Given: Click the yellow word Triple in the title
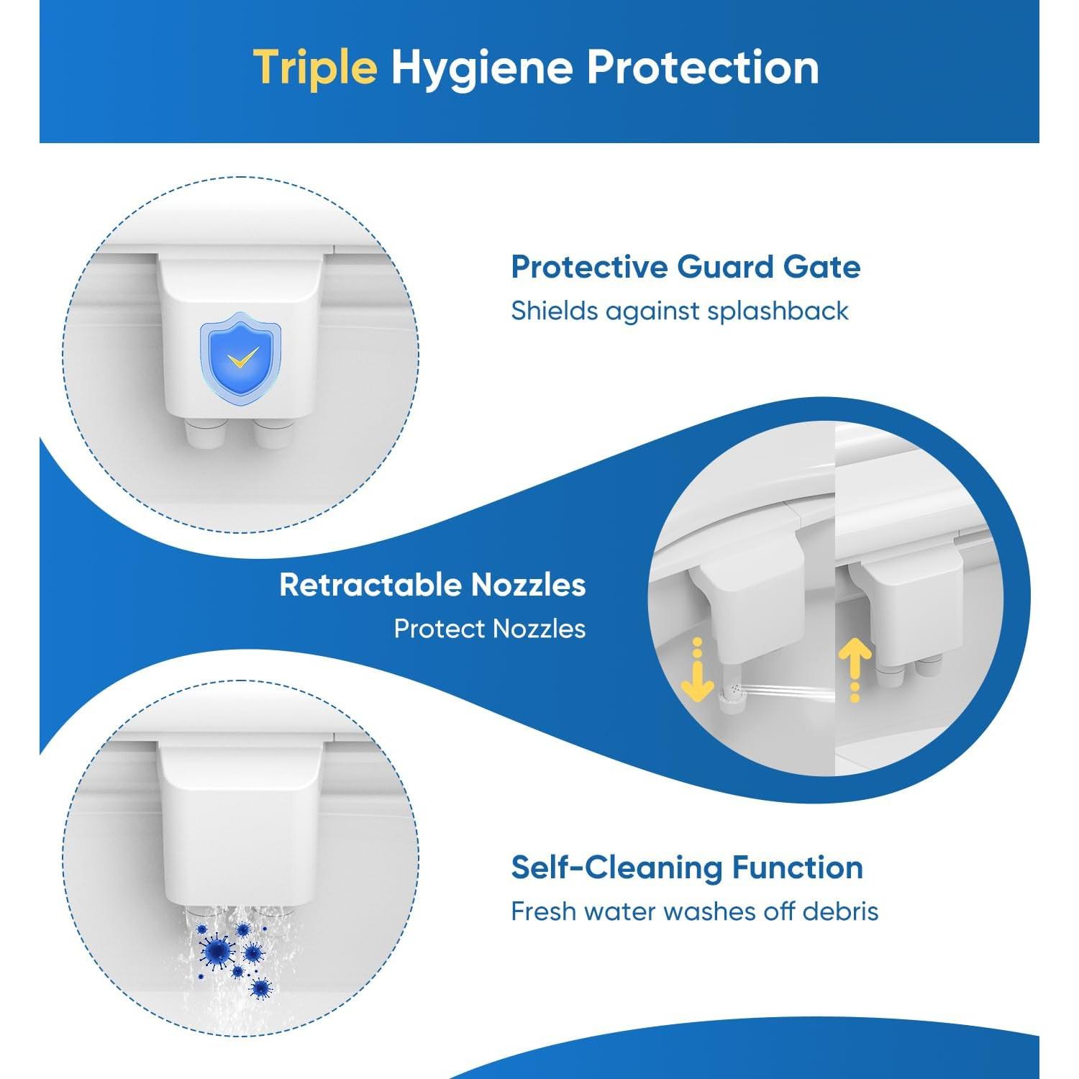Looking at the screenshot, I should tap(315, 68).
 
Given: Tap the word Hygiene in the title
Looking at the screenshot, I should tap(481, 69).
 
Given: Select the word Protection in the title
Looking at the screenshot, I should tap(702, 68).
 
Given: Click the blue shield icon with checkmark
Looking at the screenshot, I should tap(240, 353).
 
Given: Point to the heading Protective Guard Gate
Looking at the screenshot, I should tap(685, 267).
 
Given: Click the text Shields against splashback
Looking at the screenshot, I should tap(679, 311).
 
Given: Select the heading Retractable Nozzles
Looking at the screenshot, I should tap(432, 585).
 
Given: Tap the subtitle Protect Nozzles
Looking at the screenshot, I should tap(489, 629).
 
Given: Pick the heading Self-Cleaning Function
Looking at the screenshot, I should tap(686, 868).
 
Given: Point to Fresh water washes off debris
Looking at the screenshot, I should tap(694, 911).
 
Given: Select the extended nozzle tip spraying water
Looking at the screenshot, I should tap(734, 693).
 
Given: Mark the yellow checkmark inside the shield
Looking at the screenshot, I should tap(242, 355).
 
